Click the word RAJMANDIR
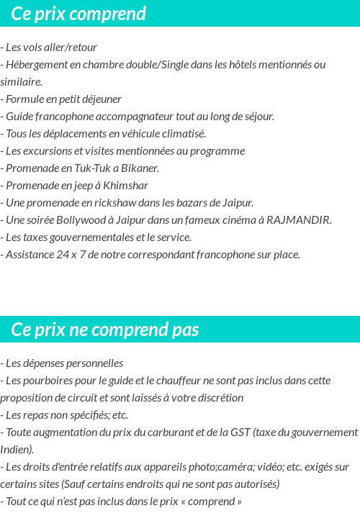pos(298,220)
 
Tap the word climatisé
pos(183,134)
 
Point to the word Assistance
pos(30,255)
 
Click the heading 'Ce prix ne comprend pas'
pos(105,330)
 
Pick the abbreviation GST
pos(241,432)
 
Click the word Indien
pos(16,450)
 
